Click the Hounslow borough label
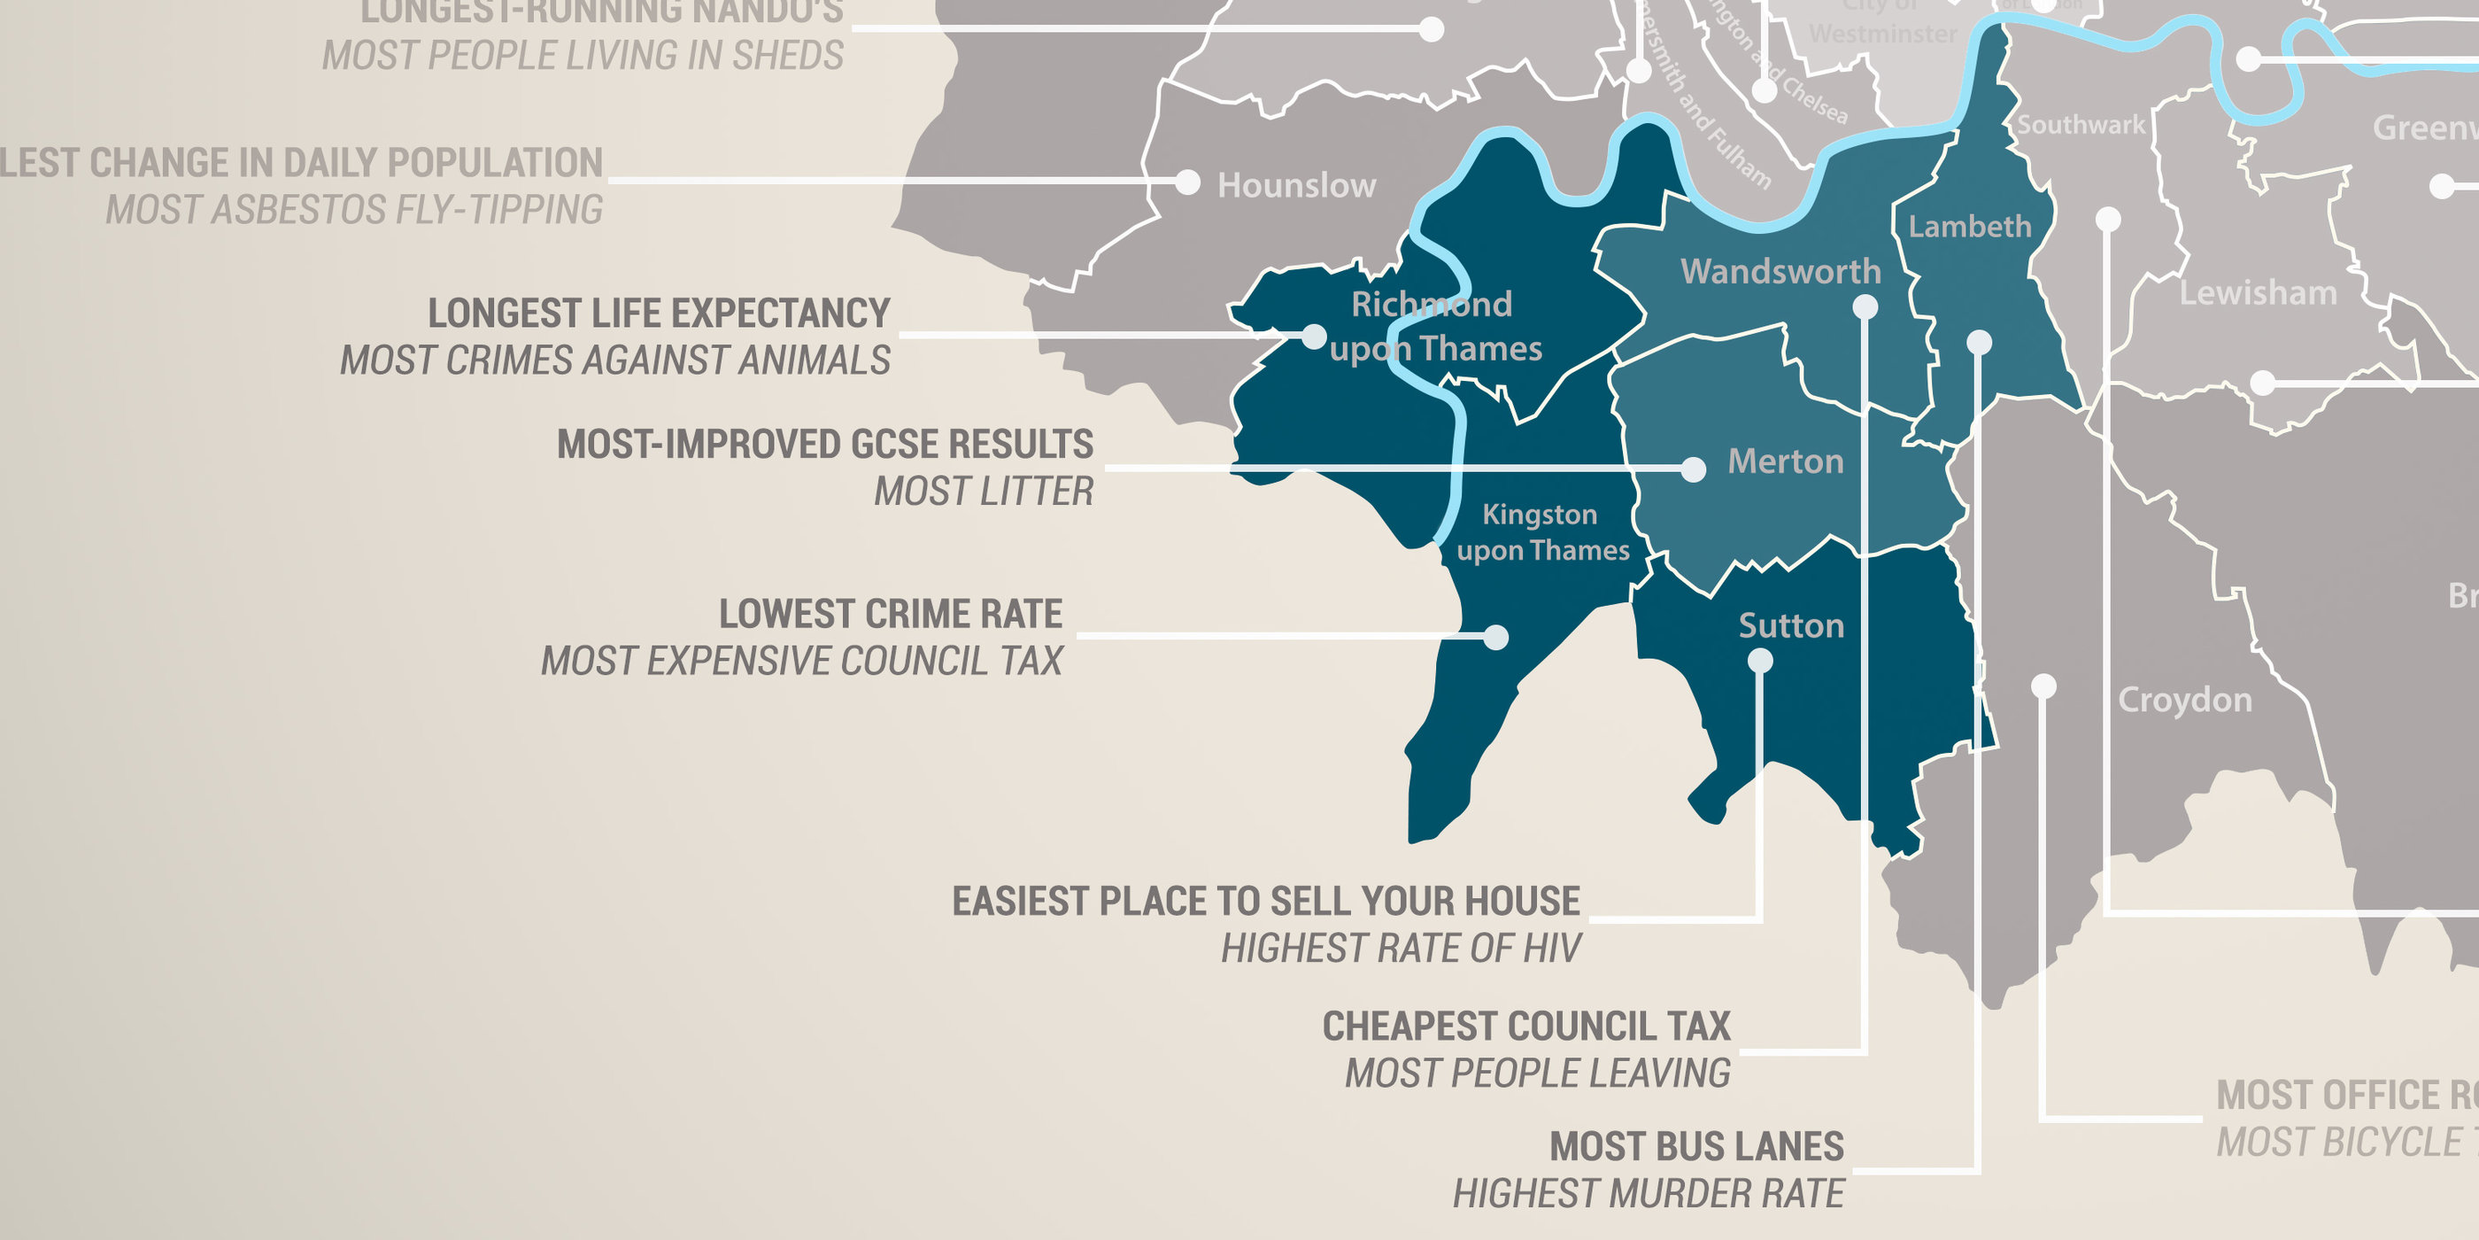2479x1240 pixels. [1296, 185]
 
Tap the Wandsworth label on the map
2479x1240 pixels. [1780, 272]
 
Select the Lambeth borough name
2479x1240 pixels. [1970, 226]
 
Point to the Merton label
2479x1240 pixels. [1785, 461]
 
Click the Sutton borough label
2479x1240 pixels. [1791, 626]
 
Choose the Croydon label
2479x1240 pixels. [2184, 700]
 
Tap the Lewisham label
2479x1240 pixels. [2258, 292]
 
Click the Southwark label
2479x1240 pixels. [2081, 125]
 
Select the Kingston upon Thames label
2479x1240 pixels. [1541, 532]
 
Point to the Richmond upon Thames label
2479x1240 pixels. [1434, 326]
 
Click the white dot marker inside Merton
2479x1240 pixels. [1694, 469]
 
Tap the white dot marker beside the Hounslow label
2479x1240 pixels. [1188, 182]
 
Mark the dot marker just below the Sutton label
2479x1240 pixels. [1760, 661]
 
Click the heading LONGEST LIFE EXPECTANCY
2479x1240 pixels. [660, 314]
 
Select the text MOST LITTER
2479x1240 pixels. [983, 492]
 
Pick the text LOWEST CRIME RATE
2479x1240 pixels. [890, 614]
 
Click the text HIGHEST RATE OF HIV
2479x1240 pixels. [1401, 949]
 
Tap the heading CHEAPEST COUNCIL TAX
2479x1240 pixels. [1526, 1027]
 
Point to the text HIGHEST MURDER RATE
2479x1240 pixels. [1648, 1194]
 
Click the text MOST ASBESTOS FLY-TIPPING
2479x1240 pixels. [354, 210]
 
